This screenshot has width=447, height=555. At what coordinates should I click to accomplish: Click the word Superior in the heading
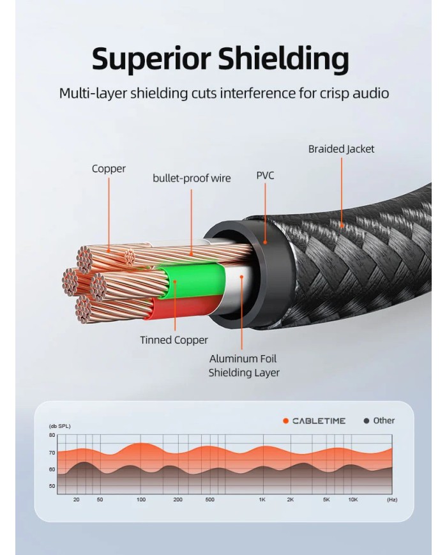click(x=150, y=59)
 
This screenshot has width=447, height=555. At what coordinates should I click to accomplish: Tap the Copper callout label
click(x=109, y=169)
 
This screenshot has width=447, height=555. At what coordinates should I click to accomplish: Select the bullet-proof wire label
click(x=192, y=178)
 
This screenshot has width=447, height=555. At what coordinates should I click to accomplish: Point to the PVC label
click(x=265, y=176)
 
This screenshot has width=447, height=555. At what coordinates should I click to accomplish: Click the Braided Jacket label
click(x=341, y=149)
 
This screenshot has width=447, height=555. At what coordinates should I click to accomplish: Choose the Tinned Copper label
click(x=174, y=340)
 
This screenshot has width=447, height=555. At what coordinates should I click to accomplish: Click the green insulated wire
click(x=192, y=284)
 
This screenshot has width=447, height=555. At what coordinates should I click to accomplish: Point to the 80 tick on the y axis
click(x=52, y=435)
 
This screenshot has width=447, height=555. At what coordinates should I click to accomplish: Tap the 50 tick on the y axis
click(x=52, y=487)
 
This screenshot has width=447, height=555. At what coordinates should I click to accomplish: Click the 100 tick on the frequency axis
click(x=141, y=500)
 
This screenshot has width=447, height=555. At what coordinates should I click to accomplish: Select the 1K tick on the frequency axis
click(x=262, y=500)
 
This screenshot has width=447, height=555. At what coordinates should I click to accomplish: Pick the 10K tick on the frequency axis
click(x=352, y=500)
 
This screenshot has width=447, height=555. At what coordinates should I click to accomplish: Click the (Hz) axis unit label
click(x=391, y=500)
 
